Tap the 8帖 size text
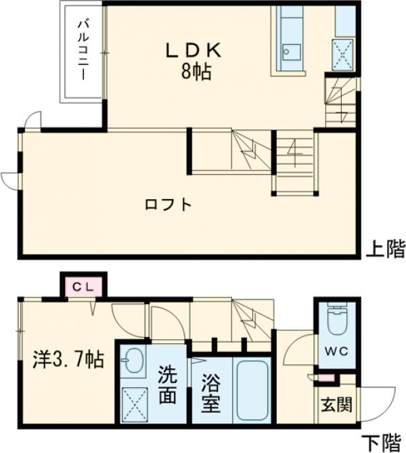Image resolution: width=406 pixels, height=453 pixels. tap(196, 71)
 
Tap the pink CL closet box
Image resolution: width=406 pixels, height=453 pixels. tap(84, 286)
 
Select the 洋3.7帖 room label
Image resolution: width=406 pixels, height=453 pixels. tap(68, 360)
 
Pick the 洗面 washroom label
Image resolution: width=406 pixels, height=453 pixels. tap(167, 384)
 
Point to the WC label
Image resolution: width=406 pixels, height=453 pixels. tap(335, 353)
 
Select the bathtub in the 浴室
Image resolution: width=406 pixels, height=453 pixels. tap(252, 391)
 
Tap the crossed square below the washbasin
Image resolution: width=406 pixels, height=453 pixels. tap(134, 404)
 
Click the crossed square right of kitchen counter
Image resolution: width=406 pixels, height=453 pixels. tap(342, 51)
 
